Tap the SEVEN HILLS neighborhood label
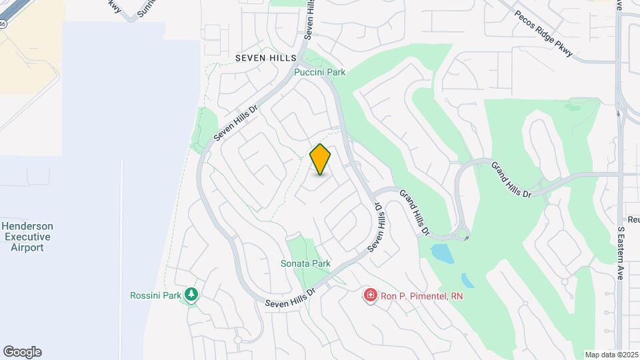265,59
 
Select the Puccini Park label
320,72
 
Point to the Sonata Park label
305,263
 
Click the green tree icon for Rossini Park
192,294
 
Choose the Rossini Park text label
156,295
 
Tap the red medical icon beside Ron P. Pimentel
370,295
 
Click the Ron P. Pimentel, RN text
421,295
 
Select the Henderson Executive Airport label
27,237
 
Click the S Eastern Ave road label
621,253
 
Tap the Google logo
22,352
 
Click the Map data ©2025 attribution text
610,355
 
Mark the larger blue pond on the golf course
441,253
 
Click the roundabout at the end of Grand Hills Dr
461,234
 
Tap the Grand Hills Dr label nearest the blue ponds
414,213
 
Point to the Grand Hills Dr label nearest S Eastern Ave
511,179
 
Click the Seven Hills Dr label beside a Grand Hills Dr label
378,228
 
